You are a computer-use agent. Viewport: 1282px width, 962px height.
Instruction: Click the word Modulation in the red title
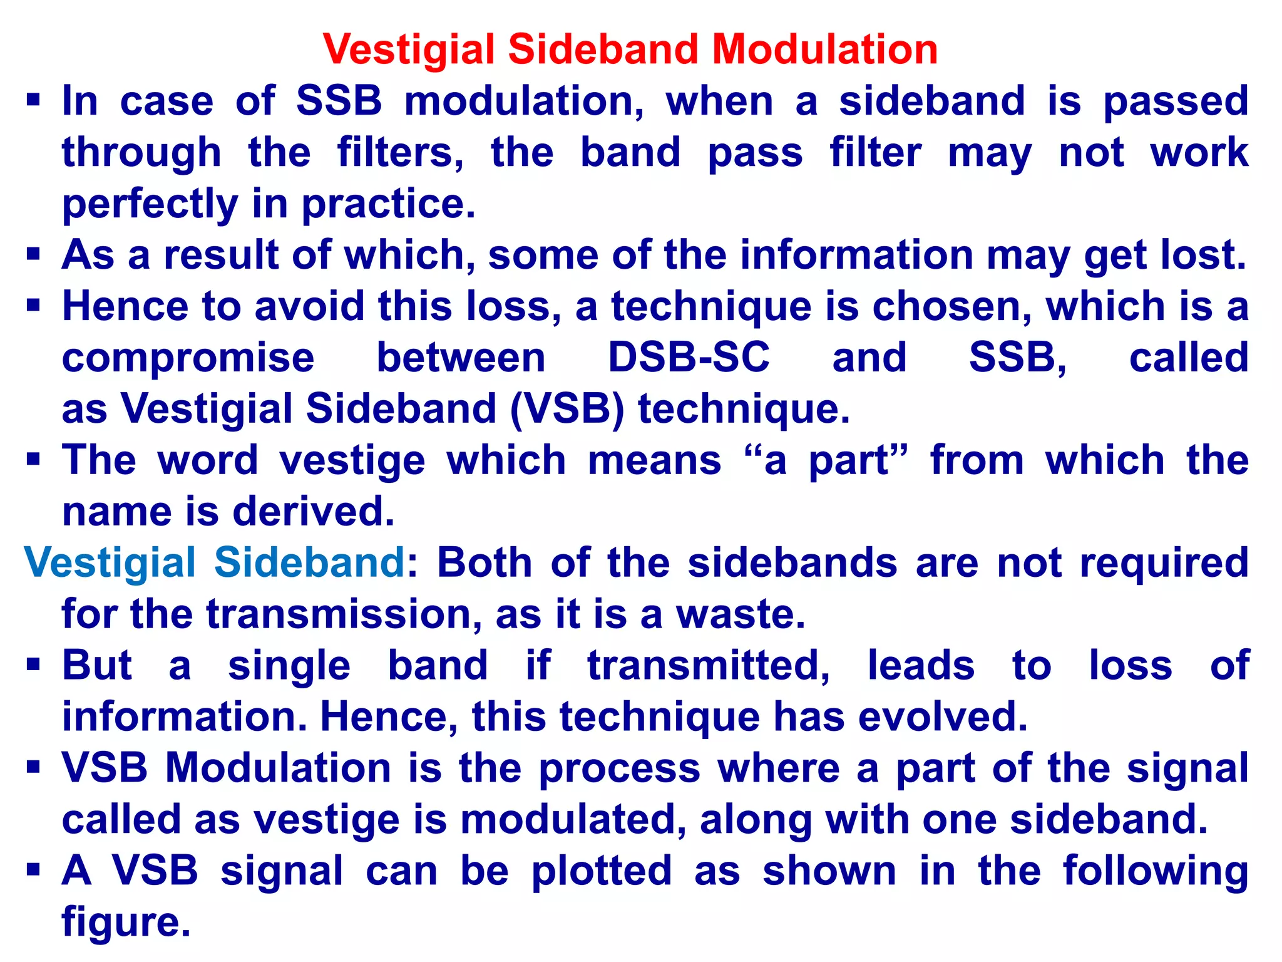[824, 49]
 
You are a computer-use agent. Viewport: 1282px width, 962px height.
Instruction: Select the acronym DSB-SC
[689, 358]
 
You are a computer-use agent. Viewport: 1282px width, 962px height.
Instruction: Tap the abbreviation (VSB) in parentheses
[567, 409]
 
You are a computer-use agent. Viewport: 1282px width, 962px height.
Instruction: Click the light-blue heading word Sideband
[309, 562]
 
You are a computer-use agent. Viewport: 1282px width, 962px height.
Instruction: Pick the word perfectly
[150, 204]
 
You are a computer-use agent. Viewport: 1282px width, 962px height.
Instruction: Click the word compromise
[188, 358]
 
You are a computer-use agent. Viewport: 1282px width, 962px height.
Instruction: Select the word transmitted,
[708, 665]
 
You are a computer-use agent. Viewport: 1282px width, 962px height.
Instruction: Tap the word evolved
[943, 716]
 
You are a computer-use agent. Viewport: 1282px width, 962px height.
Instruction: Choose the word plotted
[602, 871]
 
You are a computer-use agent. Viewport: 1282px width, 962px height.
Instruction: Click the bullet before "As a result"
[33, 255]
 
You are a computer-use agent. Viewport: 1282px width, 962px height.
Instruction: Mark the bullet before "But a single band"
[33, 665]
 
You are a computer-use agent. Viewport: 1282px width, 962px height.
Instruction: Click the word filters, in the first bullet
[400, 153]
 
